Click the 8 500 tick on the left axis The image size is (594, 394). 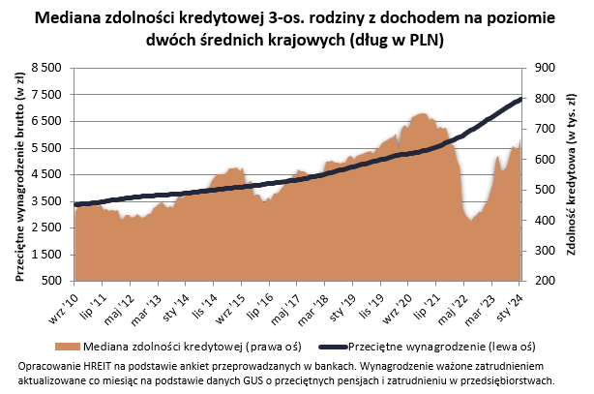pos(46,68)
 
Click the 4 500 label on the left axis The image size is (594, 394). pos(46,174)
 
